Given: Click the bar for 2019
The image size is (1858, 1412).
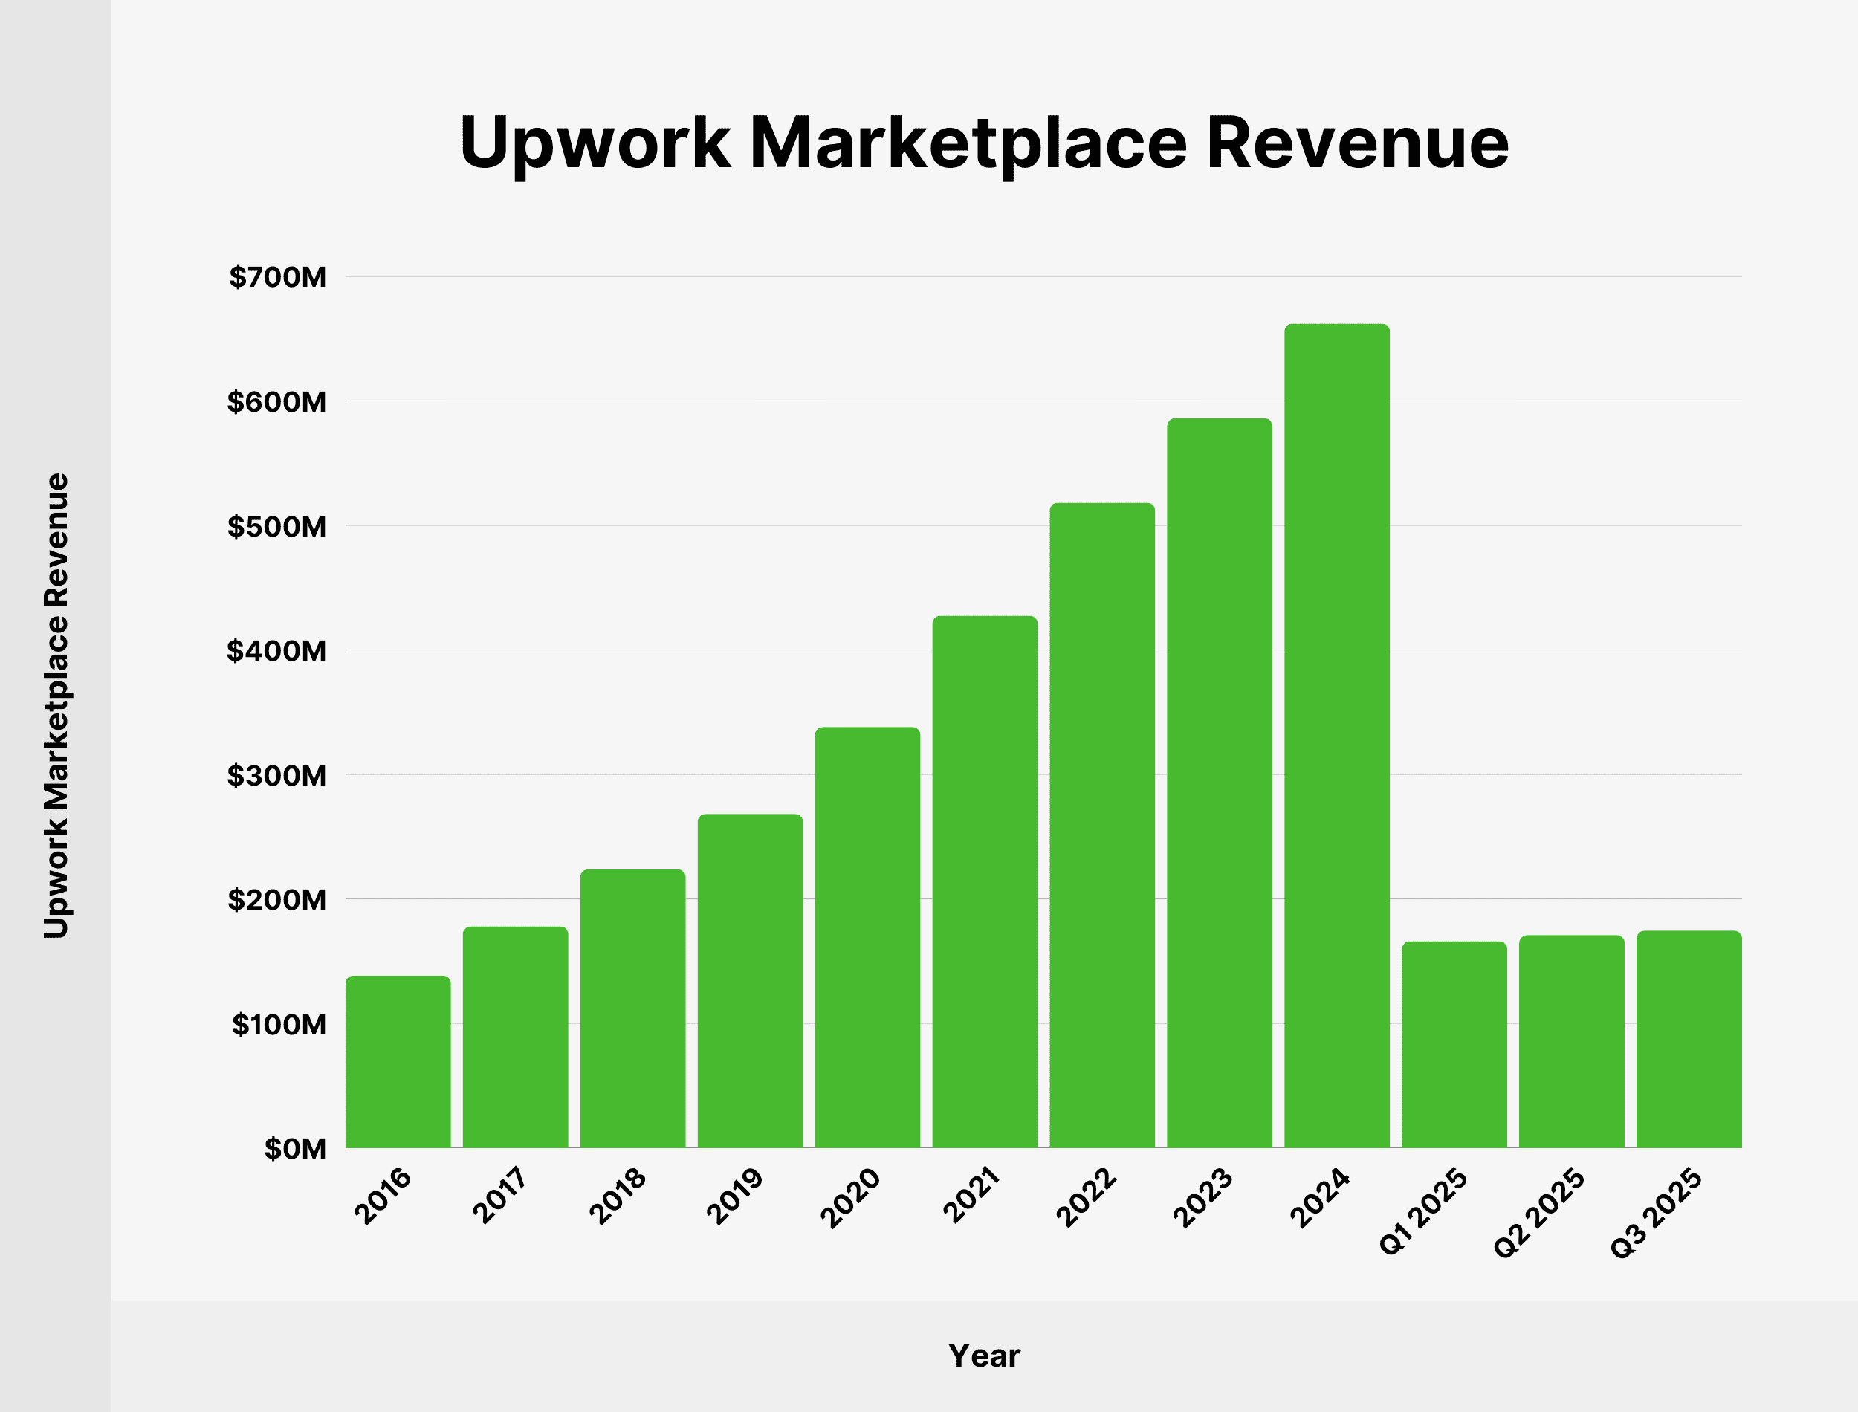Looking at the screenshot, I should pos(750,981).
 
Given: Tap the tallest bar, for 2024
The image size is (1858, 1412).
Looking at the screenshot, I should pos(1336,736).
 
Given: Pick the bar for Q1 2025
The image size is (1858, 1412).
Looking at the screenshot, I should pos(1454,1045).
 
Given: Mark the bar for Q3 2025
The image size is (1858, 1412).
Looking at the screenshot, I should pos(1689,1040).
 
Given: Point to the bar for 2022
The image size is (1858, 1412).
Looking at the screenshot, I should pos(1101,826).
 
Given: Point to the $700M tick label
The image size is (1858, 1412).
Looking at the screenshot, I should pos(277,277).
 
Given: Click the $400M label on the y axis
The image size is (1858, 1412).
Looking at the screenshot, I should pos(276,650).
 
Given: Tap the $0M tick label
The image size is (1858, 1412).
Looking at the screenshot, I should pos(295,1149).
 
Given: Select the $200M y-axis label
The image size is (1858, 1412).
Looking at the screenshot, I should pos(276,900).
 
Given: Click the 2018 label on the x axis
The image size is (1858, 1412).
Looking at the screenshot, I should pos(618,1196).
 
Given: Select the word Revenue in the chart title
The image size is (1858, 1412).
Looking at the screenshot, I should pos(1357,143).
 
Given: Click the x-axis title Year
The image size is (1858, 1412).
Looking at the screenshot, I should pos(984,1356).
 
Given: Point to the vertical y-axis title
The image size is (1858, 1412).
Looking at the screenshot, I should pos(56,705).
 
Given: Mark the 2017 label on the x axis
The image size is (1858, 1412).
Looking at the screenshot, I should pos(500,1196).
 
